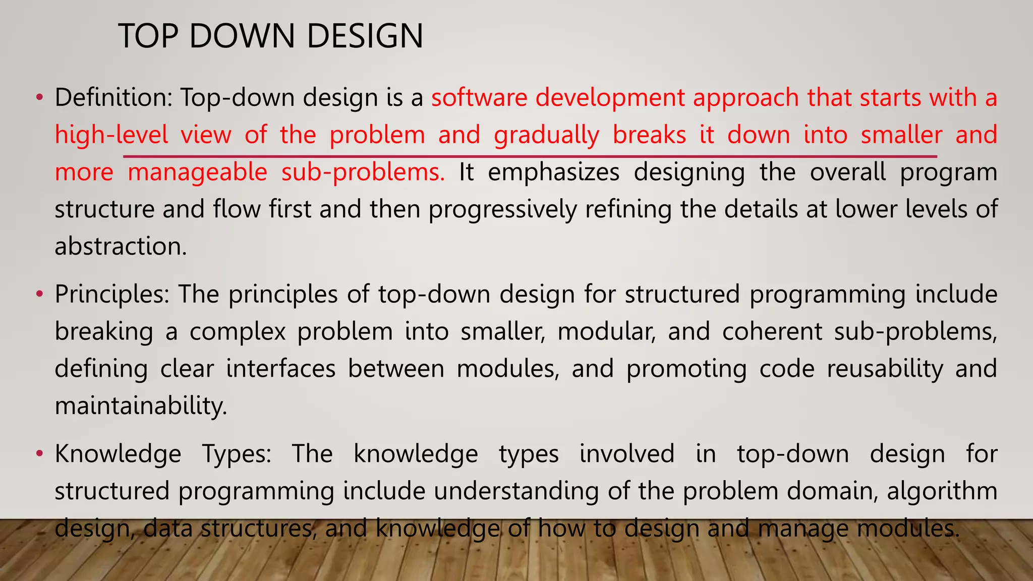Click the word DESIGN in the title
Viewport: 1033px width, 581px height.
(365, 36)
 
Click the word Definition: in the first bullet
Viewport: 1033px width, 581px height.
(113, 97)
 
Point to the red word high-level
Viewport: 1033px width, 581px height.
(111, 135)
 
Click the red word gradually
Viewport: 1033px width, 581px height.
(546, 135)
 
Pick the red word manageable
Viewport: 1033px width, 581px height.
(197, 172)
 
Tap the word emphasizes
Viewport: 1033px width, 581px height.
(553, 172)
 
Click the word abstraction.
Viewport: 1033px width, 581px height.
(121, 247)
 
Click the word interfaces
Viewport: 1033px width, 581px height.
(280, 369)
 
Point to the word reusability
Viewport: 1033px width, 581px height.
(885, 369)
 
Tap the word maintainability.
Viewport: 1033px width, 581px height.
(141, 406)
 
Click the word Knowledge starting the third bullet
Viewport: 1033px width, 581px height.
(118, 453)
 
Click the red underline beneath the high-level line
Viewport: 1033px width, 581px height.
(530, 157)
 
